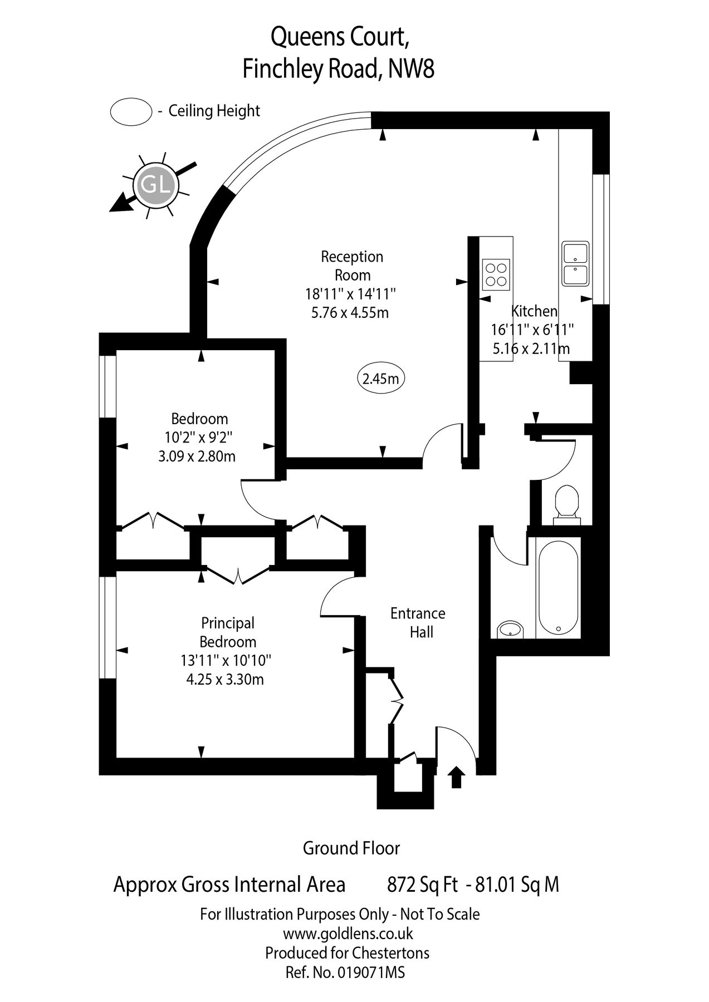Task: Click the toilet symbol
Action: [567, 502]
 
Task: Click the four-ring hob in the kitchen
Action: [496, 274]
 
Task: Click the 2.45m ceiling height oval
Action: [380, 379]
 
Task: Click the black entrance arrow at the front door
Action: [456, 777]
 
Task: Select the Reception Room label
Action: [353, 266]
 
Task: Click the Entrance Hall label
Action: [418, 622]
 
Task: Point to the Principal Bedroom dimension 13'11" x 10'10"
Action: [225, 661]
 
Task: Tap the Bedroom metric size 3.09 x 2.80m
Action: [197, 456]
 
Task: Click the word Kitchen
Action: [535, 311]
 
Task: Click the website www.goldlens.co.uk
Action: [348, 933]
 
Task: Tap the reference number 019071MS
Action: [369, 972]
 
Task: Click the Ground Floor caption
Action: [351, 848]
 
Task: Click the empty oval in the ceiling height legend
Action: [131, 111]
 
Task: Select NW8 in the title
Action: [412, 70]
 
